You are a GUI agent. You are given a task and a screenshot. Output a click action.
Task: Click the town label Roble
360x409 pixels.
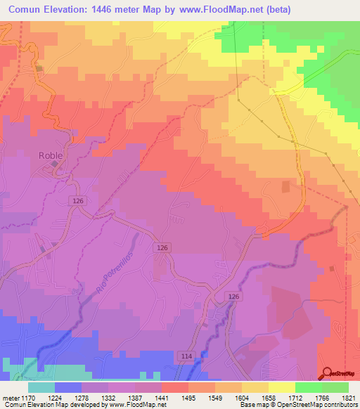coord(51,156)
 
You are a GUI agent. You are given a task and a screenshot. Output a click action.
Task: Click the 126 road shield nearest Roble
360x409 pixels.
coord(78,201)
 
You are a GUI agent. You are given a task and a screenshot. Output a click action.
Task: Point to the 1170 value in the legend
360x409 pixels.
coord(29,398)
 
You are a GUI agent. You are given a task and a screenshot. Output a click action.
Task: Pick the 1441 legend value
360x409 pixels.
coord(162,398)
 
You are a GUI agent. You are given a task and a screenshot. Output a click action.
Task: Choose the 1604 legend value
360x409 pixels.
coord(241,398)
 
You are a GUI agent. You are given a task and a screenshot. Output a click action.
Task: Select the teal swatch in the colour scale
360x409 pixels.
coord(41,387)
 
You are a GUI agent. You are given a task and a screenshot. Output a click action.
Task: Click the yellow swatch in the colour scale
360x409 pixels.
coord(281,387)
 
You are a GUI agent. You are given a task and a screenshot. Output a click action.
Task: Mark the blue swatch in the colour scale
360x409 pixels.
coord(68,387)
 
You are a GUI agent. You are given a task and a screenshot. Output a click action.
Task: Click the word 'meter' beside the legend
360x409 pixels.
coord(10,398)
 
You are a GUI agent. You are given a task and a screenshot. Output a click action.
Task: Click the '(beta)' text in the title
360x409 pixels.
coord(274,10)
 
